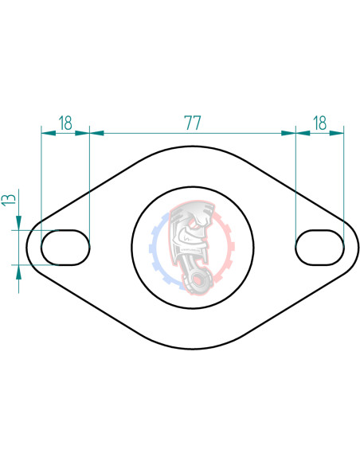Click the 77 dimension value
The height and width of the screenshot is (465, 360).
(x=192, y=123)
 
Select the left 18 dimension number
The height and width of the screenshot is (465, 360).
(x=65, y=123)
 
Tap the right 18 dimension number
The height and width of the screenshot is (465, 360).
(x=319, y=123)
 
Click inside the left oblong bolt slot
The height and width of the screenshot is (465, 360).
(x=65, y=247)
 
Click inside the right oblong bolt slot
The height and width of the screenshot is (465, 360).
(x=319, y=247)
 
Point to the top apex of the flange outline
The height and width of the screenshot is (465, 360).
(x=192, y=145)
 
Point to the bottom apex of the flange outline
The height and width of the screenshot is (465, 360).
(x=192, y=349)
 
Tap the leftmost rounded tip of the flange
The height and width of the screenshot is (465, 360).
(x=26, y=247)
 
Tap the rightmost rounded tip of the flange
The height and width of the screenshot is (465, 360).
(x=358, y=247)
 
